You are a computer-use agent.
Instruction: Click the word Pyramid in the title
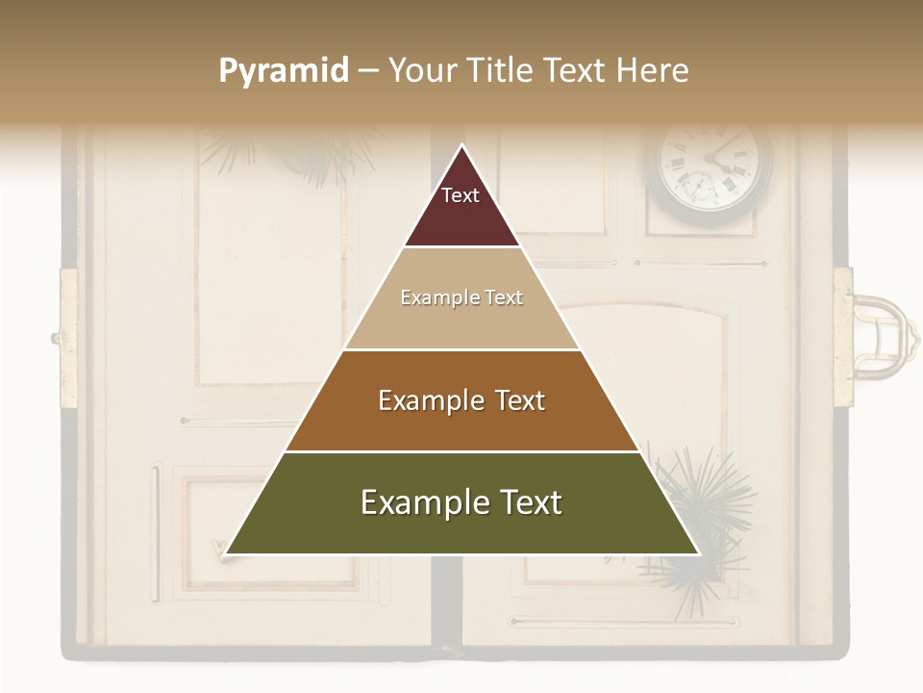[284, 71]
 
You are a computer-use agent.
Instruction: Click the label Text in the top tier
[461, 196]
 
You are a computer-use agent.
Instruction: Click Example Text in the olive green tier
[461, 502]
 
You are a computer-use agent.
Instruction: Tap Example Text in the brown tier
[461, 400]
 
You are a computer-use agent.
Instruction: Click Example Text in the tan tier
[461, 298]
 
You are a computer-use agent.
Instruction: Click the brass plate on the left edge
[68, 337]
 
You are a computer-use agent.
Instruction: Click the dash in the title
[368, 71]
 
